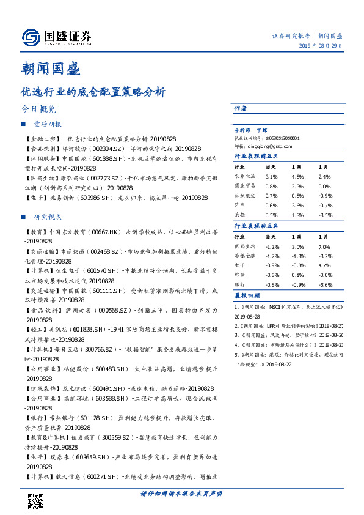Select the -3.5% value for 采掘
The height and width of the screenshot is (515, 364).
point(324,215)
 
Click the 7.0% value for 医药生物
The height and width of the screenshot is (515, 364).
point(324,246)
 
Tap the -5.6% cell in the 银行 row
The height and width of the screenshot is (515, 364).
point(325,284)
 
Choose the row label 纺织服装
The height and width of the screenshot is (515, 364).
point(244,196)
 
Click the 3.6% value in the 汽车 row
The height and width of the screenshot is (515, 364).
point(298,206)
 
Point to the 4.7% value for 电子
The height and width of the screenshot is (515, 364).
point(324,265)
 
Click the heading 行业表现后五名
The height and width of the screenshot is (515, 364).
point(257,226)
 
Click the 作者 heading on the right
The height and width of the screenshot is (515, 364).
point(241,108)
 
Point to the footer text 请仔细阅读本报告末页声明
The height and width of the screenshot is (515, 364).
point(181,494)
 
